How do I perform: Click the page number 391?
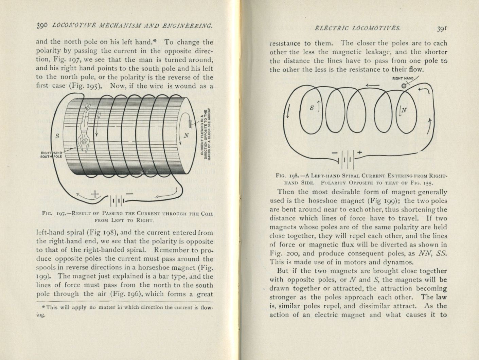tap(441, 29)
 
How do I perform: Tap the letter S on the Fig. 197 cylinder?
tap(57, 136)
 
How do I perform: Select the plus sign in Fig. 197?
tap(95, 194)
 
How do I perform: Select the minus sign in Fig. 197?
tap(129, 193)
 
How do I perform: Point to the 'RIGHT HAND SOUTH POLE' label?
tap(51, 155)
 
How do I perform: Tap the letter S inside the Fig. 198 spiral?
tap(312, 108)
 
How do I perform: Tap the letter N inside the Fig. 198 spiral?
tap(404, 110)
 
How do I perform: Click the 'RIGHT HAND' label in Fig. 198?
tap(403, 78)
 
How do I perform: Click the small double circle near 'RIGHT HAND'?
tap(404, 86)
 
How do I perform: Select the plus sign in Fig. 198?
tap(359, 153)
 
